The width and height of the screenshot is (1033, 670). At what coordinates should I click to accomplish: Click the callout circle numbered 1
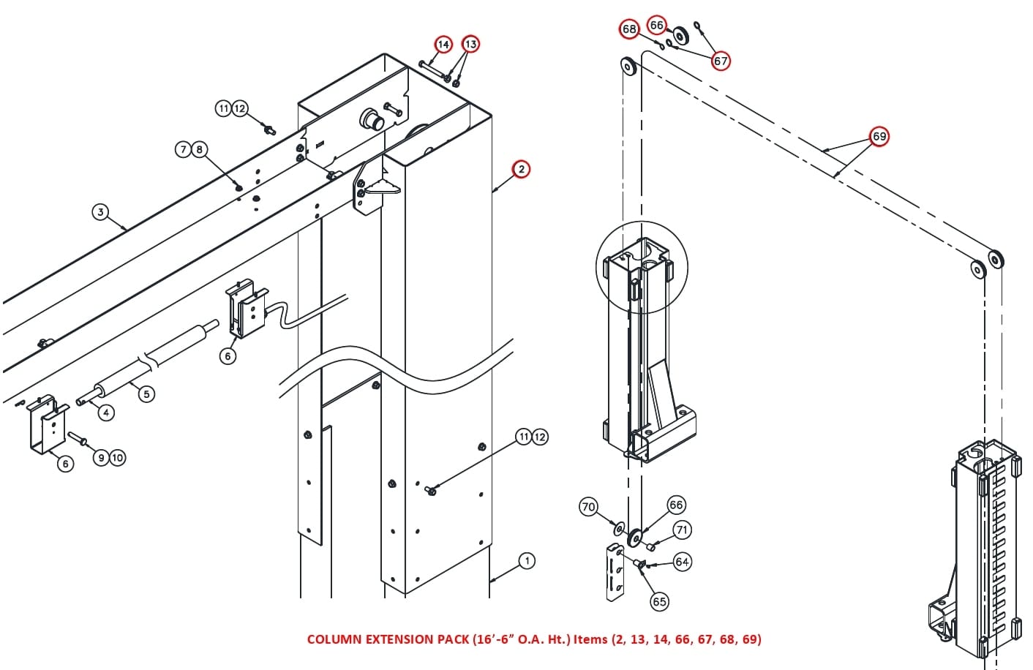click(527, 561)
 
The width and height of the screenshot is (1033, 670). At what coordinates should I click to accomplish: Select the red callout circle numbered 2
click(521, 169)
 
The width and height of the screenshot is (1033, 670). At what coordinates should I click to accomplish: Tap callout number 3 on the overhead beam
click(100, 212)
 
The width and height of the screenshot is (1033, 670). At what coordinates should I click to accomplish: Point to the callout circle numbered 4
click(106, 413)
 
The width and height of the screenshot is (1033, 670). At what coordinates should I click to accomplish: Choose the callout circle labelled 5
click(146, 394)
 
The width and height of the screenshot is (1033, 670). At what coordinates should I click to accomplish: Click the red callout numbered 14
click(443, 45)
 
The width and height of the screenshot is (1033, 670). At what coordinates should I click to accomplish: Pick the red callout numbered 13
click(470, 45)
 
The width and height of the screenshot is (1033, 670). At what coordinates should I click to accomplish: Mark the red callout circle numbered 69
click(879, 136)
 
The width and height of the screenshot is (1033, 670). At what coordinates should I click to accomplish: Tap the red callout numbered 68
click(629, 29)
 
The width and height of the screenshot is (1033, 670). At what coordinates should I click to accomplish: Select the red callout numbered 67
click(721, 61)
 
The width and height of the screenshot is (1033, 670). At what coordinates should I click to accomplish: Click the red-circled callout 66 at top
click(657, 26)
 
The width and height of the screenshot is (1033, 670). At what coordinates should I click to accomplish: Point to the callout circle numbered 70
click(588, 507)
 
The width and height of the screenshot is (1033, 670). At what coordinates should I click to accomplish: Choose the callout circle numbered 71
click(681, 530)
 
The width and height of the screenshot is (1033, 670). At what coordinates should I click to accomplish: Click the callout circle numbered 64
click(682, 562)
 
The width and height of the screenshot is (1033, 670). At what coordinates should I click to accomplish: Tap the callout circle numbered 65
click(659, 601)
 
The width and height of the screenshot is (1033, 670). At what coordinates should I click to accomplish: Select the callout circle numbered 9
click(102, 458)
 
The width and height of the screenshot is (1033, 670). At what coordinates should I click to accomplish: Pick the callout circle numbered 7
click(184, 150)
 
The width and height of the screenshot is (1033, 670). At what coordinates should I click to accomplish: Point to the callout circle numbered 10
click(117, 458)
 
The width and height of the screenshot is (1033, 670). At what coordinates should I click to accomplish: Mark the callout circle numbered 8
click(199, 150)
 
